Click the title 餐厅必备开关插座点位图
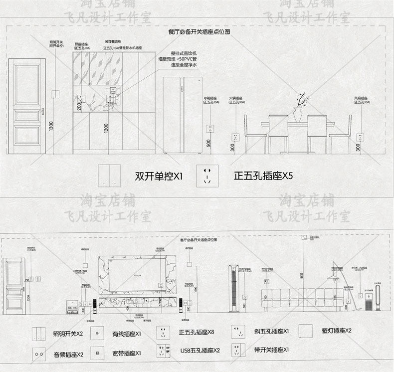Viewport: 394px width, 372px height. [x=199, y=31]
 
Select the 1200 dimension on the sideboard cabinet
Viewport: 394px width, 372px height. [x=106, y=129]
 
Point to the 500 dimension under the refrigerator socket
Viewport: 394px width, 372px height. [x=209, y=142]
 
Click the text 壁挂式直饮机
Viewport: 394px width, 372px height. [x=184, y=52]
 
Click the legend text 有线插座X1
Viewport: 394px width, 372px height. [x=127, y=334]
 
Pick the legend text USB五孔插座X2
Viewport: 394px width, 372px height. [x=200, y=350]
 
